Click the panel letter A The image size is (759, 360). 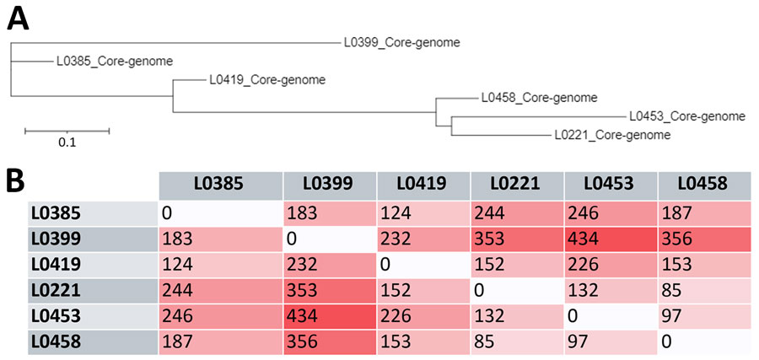[19, 19]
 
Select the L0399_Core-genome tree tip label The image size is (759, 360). [401, 41]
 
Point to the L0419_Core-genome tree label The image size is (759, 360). [266, 81]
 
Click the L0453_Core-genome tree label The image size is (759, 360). [686, 116]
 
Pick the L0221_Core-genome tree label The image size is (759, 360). [612, 135]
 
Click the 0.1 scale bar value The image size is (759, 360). [67, 143]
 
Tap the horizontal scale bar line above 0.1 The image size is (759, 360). [67, 131]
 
